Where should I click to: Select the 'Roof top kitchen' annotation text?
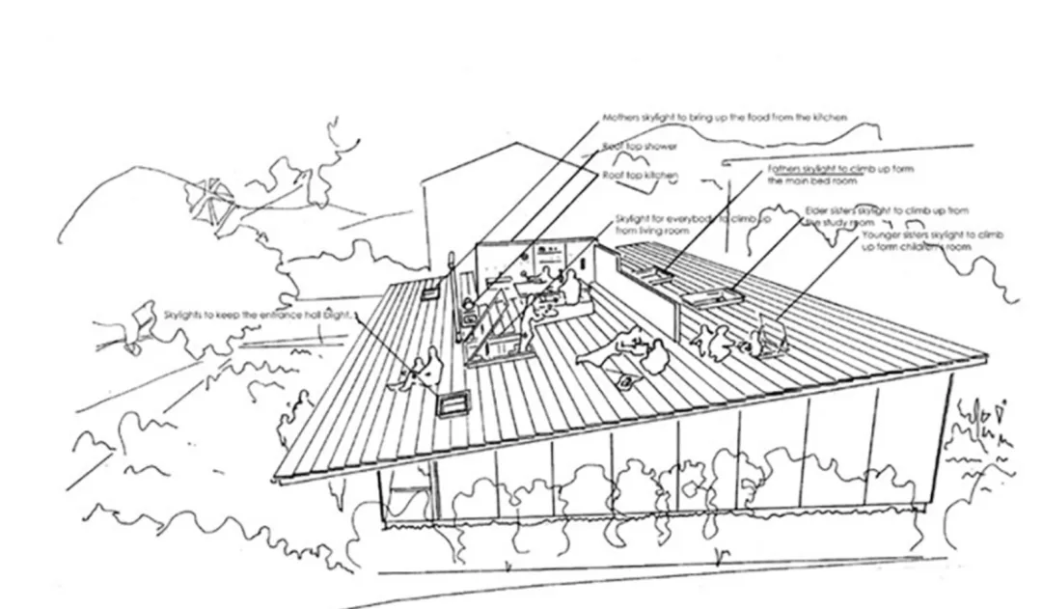point(641,176)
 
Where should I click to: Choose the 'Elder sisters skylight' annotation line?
point(887,210)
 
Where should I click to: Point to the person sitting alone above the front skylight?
point(421,368)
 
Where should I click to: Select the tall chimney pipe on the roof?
point(451,274)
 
